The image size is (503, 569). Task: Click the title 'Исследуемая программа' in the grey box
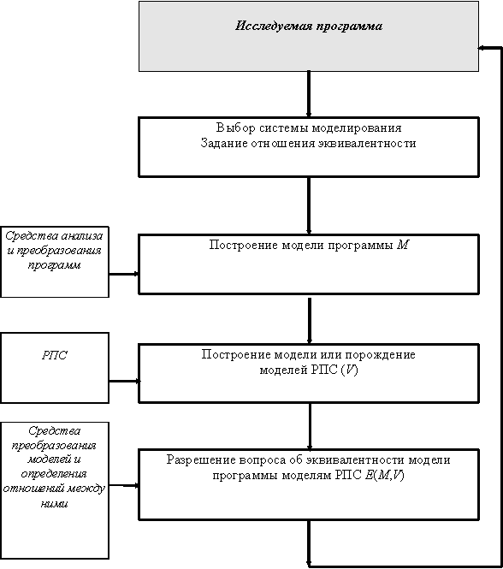[x=309, y=27]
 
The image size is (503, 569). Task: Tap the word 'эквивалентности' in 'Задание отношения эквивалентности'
[x=367, y=144]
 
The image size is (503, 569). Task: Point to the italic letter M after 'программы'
[x=403, y=245]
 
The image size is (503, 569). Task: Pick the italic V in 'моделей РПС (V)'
[x=350, y=370]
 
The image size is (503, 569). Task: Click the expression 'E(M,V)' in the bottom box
[x=385, y=475]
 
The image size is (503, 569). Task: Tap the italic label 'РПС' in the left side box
[x=55, y=355]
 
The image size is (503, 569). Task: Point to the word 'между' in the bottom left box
[x=86, y=489]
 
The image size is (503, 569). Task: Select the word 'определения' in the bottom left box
[x=54, y=474]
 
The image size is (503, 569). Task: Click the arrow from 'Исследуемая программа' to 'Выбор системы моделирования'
[x=309, y=94]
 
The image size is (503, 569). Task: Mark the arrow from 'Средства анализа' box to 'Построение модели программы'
[x=124, y=274]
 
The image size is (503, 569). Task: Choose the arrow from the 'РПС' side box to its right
[x=125, y=381]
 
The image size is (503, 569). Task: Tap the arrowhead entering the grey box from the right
[x=482, y=48]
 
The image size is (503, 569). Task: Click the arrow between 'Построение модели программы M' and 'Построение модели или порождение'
[x=310, y=321]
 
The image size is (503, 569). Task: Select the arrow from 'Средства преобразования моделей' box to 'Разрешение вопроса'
[x=124, y=485]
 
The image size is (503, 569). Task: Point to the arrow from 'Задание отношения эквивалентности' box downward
[x=309, y=205]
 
